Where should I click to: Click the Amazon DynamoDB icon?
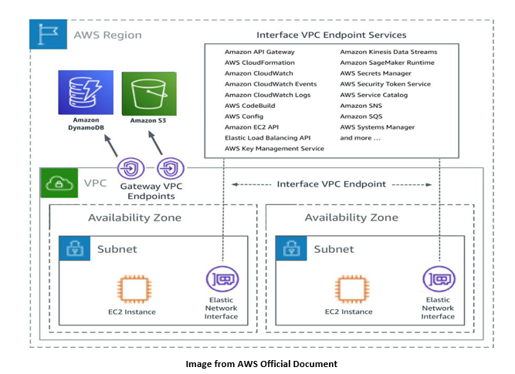[x=86, y=93]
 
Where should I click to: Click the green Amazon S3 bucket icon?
[x=149, y=93]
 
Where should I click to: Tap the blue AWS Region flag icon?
[x=48, y=34]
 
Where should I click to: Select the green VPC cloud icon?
[x=59, y=183]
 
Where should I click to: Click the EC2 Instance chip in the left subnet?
[x=134, y=288]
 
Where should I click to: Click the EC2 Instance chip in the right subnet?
[x=351, y=288]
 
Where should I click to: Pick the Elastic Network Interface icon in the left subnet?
[x=222, y=279]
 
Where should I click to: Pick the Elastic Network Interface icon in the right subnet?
[x=439, y=279]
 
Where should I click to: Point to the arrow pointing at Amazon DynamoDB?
[x=111, y=146]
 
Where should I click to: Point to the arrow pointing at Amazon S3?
[x=155, y=143]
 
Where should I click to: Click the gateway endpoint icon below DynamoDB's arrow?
[x=131, y=169]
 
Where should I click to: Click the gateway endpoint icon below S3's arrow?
[x=171, y=169]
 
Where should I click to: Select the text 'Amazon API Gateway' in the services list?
[x=259, y=52]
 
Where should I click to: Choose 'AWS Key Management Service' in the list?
[x=274, y=149]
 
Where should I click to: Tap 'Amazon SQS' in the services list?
[x=361, y=116]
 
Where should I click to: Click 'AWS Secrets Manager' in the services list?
[x=375, y=73]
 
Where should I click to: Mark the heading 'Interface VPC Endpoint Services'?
[x=331, y=35]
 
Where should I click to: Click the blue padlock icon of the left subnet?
[x=75, y=248]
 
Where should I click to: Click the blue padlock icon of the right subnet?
[x=291, y=248]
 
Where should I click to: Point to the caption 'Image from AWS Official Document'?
[x=262, y=364]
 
